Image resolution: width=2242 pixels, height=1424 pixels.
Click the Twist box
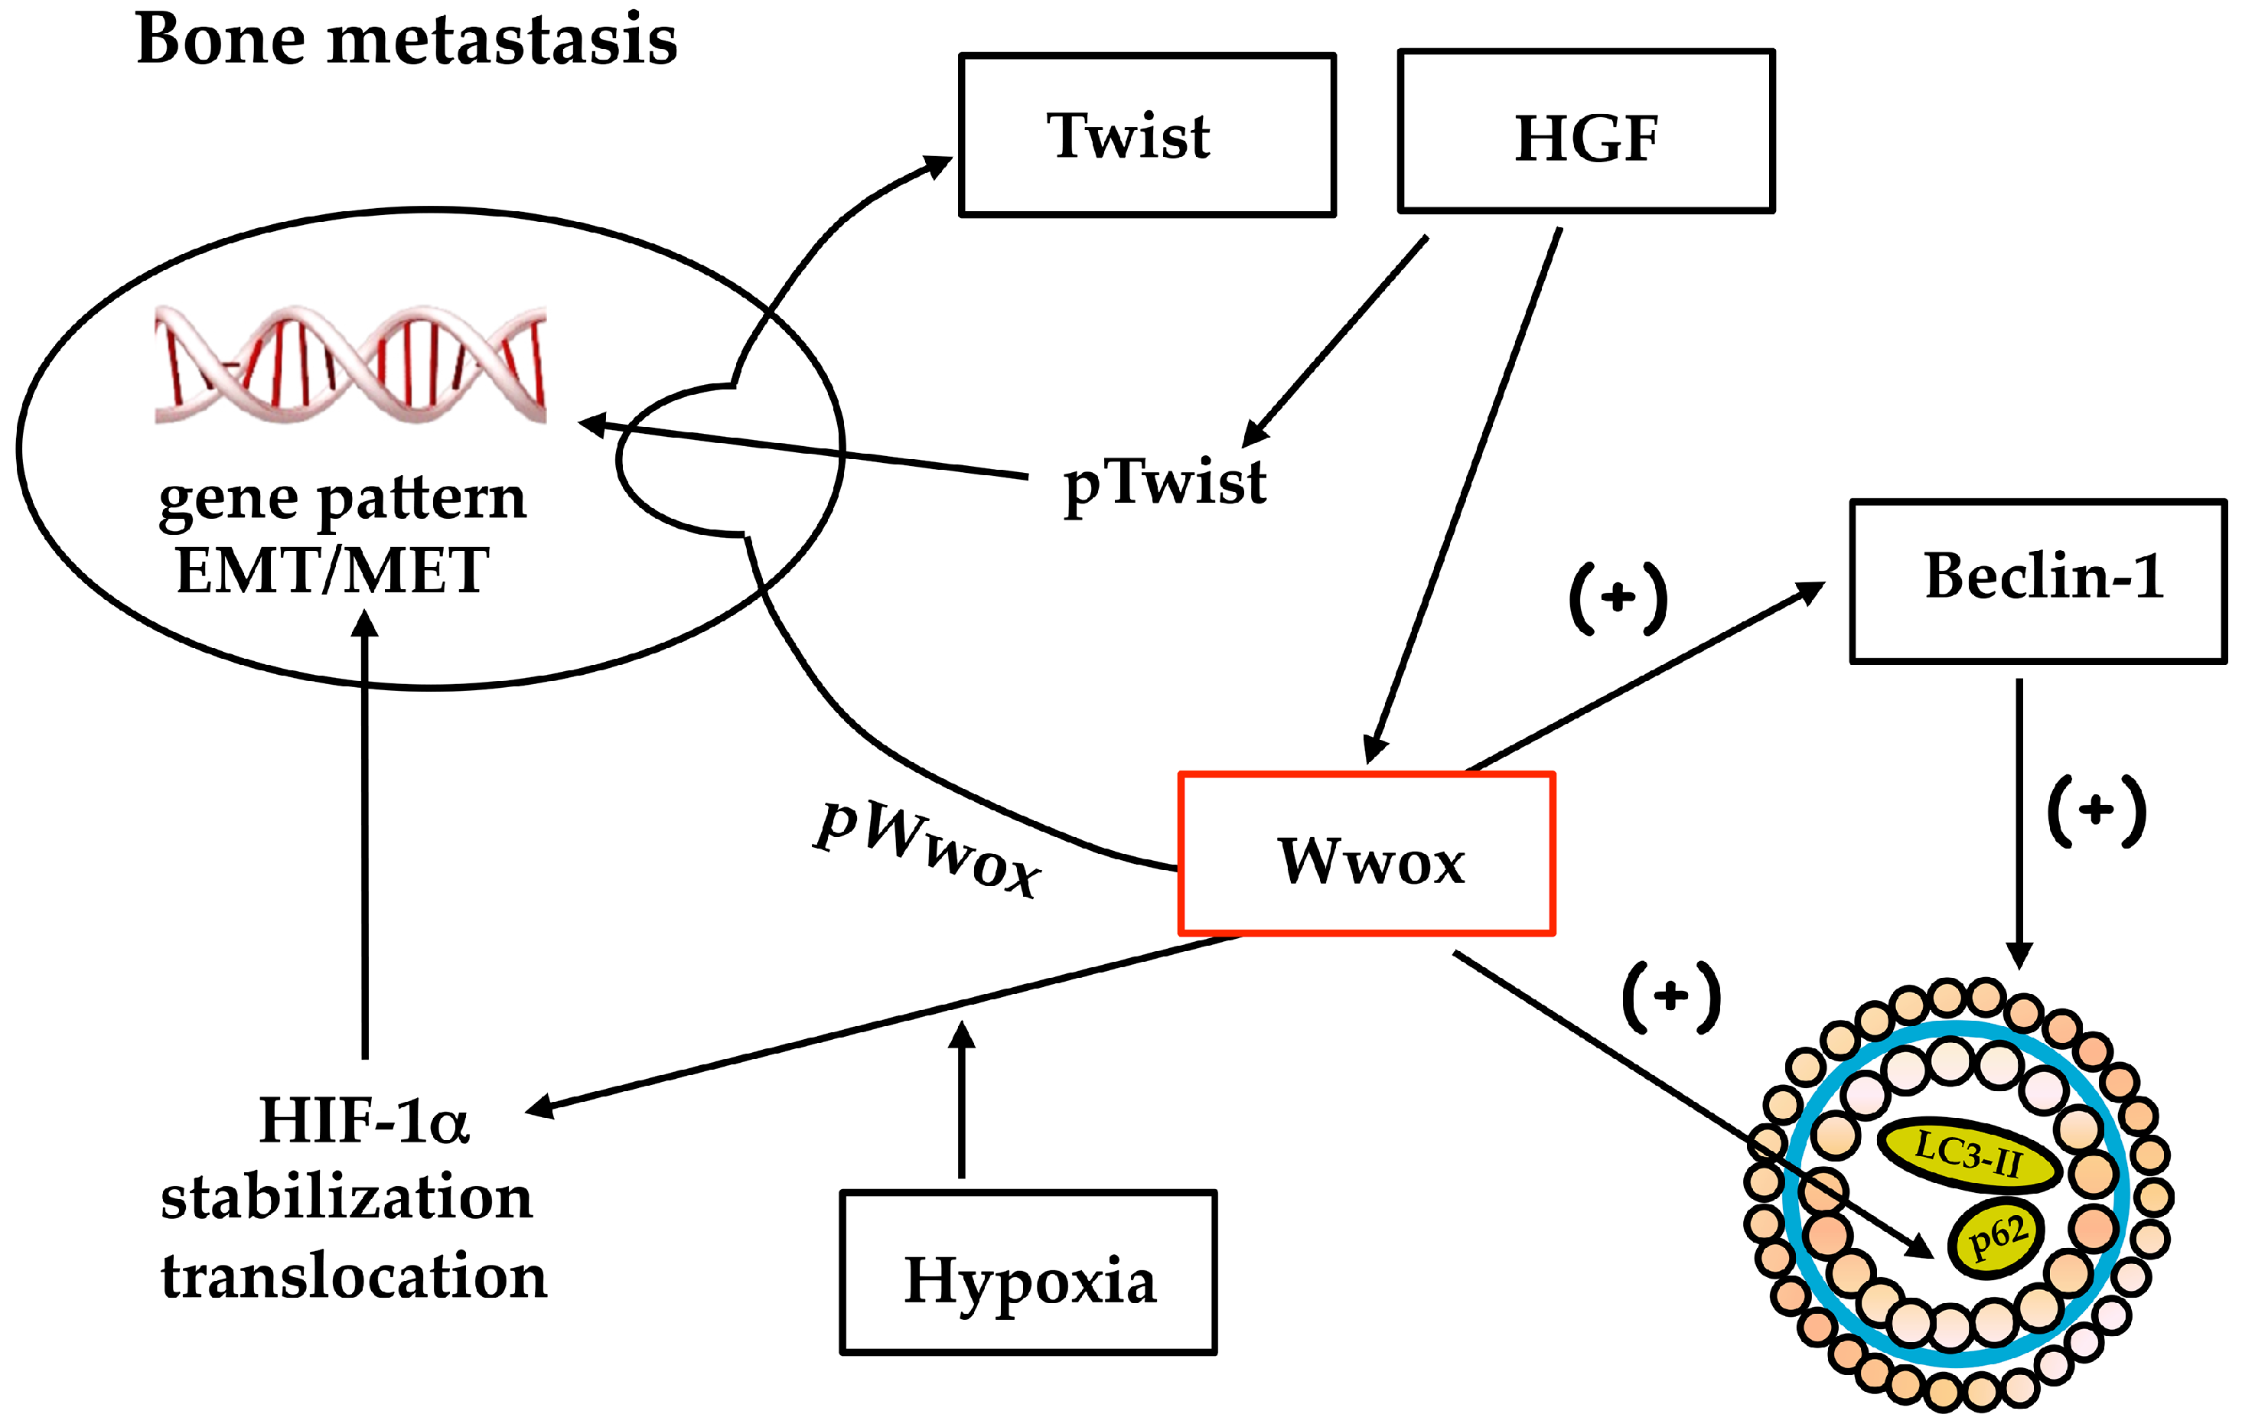1147,135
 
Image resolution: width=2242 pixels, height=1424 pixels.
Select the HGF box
1586,132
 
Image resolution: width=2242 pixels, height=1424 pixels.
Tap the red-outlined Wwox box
1367,853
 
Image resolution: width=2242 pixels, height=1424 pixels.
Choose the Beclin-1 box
2039,581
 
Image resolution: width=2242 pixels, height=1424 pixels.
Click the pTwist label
1165,484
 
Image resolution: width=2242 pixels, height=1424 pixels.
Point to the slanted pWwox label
927,849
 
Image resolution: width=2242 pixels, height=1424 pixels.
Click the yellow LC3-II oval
1968,1155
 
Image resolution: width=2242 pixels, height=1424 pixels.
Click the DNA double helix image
350,364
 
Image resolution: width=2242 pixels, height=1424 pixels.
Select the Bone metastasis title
407,39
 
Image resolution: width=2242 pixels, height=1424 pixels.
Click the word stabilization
347,1198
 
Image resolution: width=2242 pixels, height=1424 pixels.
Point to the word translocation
354,1275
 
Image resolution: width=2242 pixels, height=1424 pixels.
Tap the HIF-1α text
364,1119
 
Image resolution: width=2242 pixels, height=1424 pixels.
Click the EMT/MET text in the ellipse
332,571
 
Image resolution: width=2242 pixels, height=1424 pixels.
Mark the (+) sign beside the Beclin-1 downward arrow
2097,810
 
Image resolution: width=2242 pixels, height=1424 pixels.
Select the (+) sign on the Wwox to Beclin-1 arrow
1618,598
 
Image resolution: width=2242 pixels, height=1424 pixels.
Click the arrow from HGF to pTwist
1335,342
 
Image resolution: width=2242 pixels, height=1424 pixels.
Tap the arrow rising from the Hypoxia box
962,1099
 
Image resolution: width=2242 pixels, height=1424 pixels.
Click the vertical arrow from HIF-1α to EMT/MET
365,833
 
